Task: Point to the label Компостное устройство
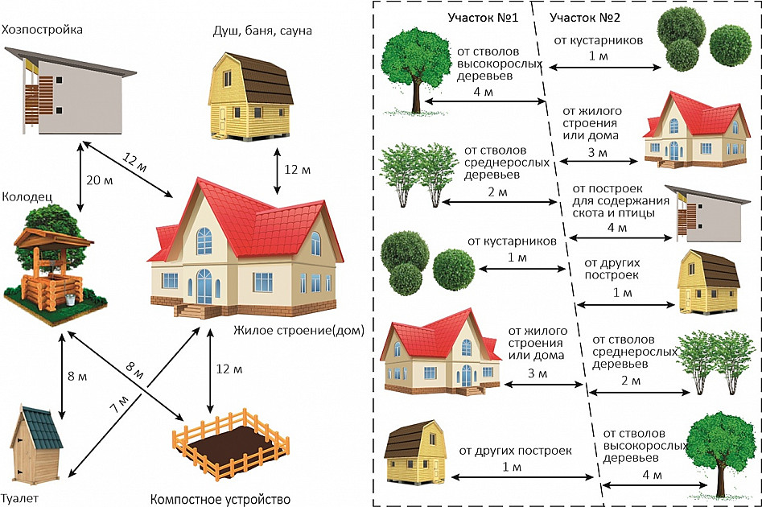pyautogui.click(x=220, y=499)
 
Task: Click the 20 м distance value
pyautogui.click(x=101, y=180)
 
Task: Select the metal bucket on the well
pyautogui.click(x=71, y=299)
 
